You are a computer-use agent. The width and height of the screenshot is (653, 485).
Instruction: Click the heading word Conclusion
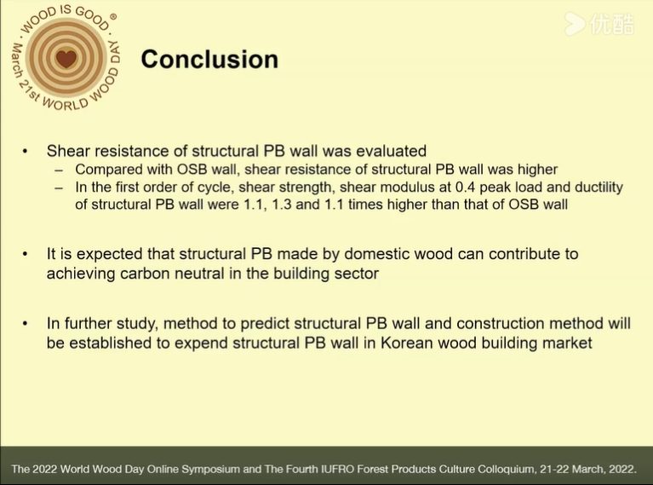209,59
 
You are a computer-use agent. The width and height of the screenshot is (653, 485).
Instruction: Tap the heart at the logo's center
66,58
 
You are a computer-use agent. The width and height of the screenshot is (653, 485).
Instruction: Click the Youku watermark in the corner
599,24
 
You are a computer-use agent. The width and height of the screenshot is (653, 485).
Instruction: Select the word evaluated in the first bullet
391,151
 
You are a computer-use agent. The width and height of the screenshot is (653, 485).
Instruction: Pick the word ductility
599,188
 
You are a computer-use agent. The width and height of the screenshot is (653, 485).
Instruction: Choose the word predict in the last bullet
267,324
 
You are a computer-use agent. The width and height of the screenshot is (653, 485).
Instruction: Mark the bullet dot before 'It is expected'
25,254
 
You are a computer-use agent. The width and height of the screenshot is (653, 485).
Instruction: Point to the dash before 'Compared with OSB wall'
59,170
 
